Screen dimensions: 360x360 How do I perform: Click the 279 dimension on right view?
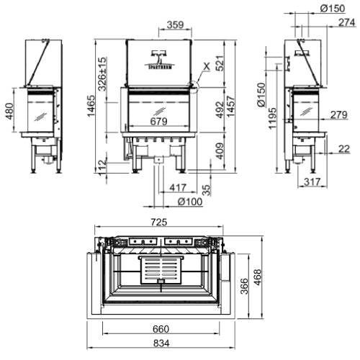coord(338,115)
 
